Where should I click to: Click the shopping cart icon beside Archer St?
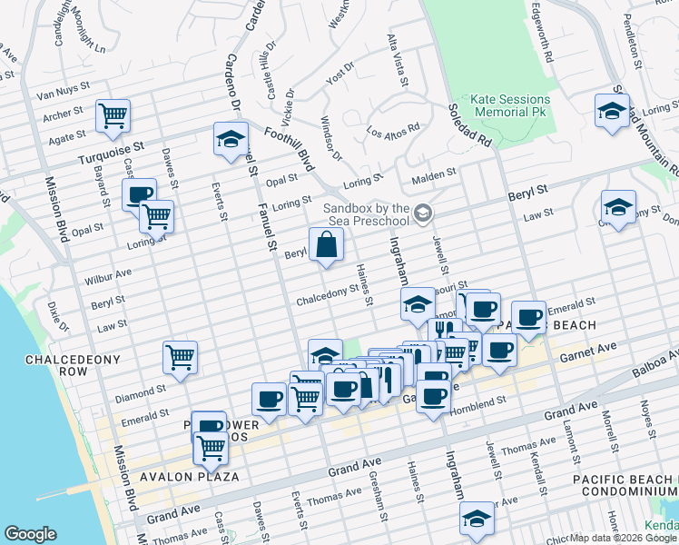(113, 115)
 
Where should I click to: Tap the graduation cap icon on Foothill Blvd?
(231, 139)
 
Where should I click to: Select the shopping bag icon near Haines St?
(326, 244)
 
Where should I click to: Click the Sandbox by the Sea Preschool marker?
(422, 213)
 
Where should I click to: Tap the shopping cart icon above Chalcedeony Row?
(180, 355)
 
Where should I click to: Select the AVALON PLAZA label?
(189, 476)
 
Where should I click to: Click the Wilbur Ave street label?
(110, 272)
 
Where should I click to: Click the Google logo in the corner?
(30, 534)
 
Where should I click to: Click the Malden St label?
(433, 175)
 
